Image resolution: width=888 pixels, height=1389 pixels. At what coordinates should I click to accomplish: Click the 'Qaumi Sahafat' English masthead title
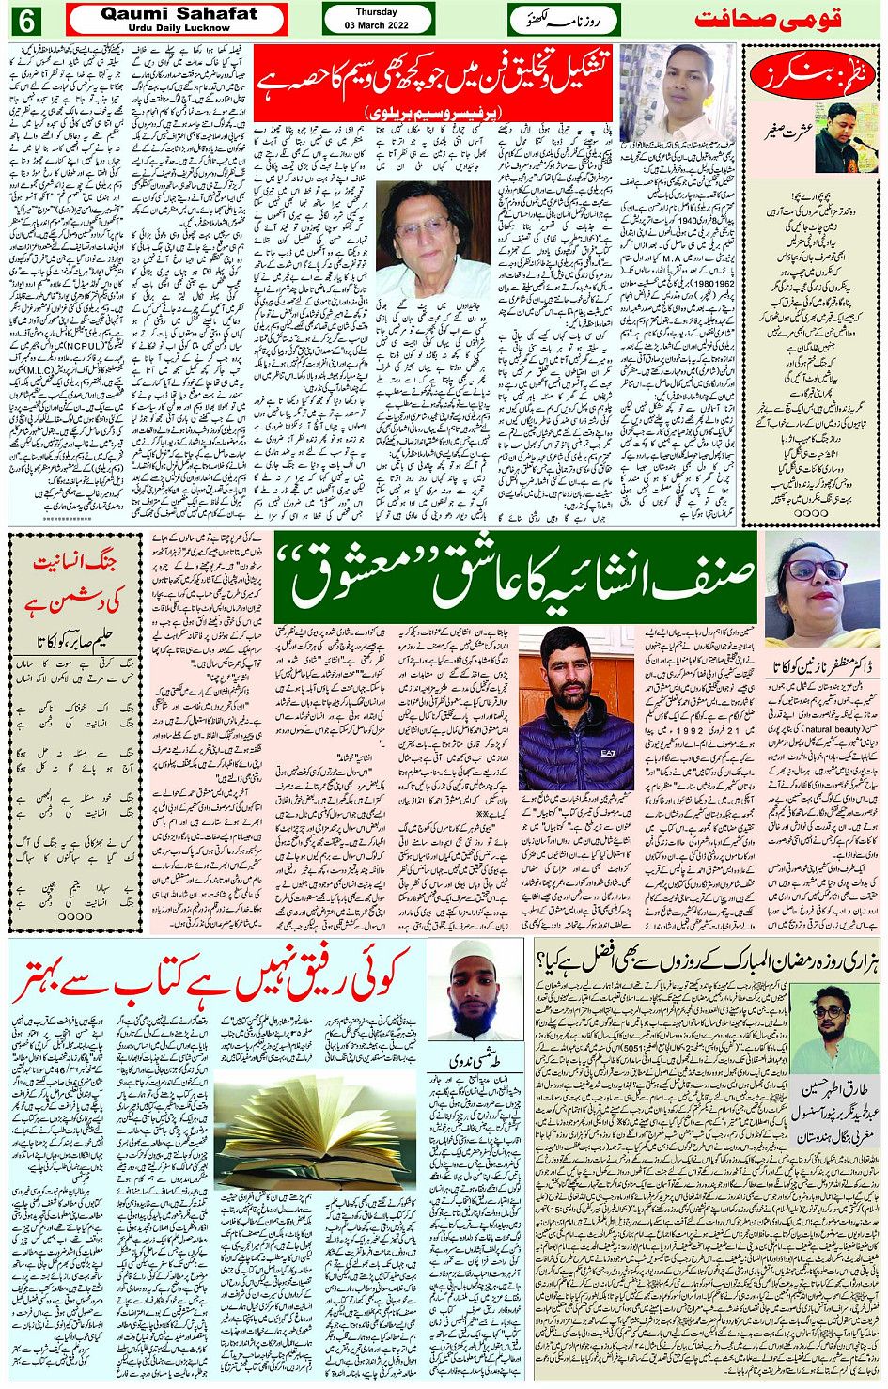[x=179, y=14]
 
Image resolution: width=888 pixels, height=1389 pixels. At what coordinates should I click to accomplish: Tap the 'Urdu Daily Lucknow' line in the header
[x=179, y=28]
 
